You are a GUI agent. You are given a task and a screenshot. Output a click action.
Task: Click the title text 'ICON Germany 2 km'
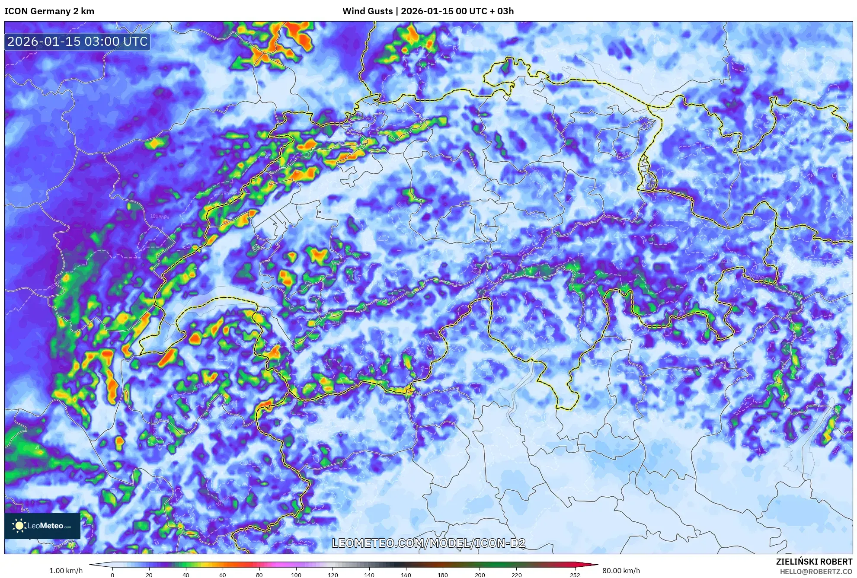point(49,11)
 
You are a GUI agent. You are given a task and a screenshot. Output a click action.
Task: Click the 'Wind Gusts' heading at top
point(367,11)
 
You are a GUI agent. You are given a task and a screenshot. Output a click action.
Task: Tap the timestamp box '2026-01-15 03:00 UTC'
point(77,42)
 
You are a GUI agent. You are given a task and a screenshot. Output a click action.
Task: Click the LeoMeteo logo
point(42,526)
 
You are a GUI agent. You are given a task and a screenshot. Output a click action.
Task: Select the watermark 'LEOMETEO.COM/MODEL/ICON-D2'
point(428,543)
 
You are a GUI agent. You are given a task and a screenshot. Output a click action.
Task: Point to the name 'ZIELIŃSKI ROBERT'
point(814,562)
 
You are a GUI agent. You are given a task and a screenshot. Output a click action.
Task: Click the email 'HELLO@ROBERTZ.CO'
point(816,572)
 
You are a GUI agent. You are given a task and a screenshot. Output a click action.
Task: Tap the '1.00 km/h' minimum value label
point(66,571)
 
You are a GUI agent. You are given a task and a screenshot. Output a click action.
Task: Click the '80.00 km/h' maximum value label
point(621,571)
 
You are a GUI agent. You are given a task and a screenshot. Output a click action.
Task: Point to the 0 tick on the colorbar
point(112,575)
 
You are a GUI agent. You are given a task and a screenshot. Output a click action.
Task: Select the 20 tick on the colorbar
point(149,575)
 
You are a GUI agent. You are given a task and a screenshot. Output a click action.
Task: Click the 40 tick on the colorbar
point(186,575)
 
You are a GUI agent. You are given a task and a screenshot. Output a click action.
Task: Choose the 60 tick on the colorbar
point(223,575)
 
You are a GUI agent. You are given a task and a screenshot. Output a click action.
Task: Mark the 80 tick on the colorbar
point(259,575)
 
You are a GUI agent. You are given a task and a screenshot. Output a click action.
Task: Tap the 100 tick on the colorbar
point(296,575)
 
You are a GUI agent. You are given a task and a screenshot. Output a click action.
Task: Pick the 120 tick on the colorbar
point(333,575)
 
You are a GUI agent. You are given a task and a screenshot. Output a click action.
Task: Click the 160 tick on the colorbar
point(406,575)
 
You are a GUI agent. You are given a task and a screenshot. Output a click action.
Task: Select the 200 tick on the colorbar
point(480,575)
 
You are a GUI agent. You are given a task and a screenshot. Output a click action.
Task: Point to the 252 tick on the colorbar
point(575,575)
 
